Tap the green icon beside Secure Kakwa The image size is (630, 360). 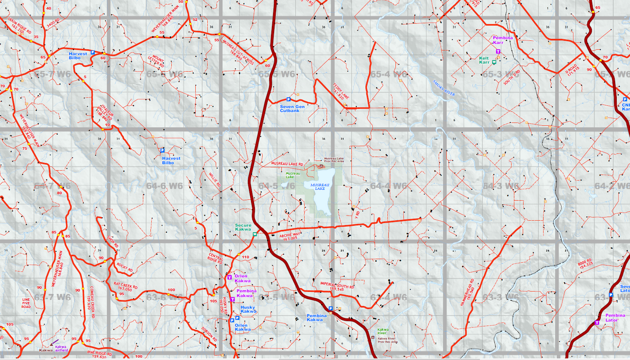tap(255, 234)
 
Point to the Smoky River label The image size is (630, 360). tap(444, 88)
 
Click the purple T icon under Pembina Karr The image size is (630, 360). tap(498, 52)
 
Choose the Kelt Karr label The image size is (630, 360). tap(484, 60)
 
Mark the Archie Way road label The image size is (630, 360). tap(289, 236)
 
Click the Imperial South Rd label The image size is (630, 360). tap(337, 286)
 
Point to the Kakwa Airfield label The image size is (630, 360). tap(61, 348)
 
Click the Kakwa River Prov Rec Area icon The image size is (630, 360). tap(372, 337)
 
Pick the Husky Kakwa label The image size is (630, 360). tap(248, 309)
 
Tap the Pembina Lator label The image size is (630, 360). tap(615, 318)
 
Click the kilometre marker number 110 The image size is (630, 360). tap(245, 257)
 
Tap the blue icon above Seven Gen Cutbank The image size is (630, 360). tap(288, 99)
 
